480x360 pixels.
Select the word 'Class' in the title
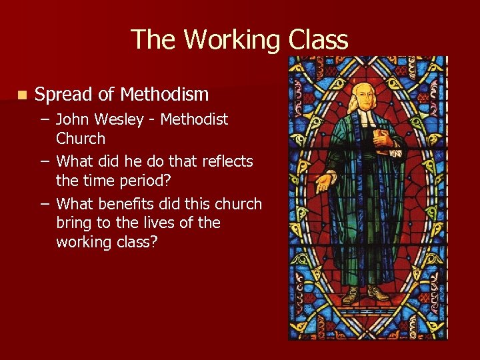(318, 40)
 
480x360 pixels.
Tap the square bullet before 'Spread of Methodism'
(23, 95)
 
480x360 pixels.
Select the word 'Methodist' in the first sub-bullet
(195, 120)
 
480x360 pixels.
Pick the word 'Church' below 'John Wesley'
(81, 139)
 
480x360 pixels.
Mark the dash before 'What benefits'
(43, 204)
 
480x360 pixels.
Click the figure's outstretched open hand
(325, 181)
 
